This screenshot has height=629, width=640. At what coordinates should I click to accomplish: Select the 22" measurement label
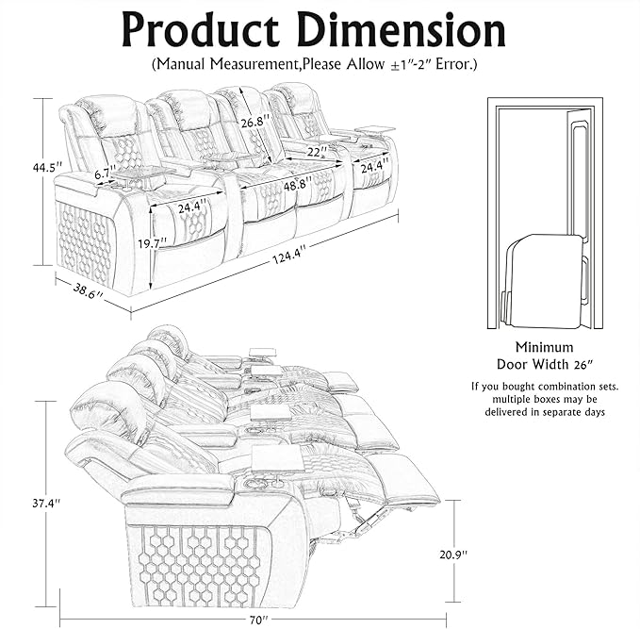coord(317,150)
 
